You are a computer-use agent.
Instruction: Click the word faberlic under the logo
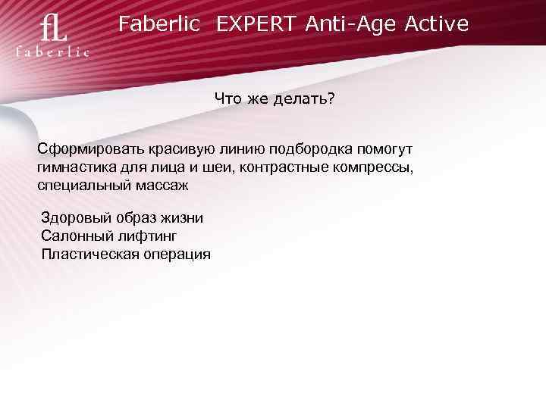[x=53, y=52]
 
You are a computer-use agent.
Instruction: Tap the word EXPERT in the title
[x=258, y=25]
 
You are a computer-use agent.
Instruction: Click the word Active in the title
[x=437, y=25]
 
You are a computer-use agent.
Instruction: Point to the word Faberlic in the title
[x=159, y=25]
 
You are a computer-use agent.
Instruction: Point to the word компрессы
[x=378, y=167]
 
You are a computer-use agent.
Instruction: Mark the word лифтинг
[x=143, y=236]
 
